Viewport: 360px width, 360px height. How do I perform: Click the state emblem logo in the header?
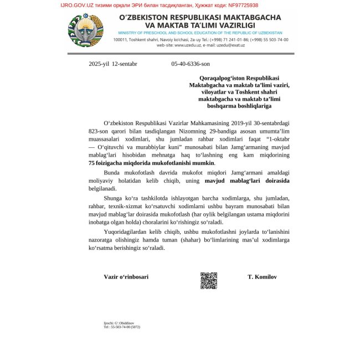point(86,30)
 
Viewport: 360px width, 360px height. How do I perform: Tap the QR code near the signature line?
point(208,280)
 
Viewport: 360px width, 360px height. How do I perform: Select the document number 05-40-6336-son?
point(191,64)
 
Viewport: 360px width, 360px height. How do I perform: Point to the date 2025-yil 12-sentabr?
point(113,64)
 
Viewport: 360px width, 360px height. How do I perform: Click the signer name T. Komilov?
point(262,276)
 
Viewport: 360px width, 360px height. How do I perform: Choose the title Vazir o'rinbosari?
point(126,276)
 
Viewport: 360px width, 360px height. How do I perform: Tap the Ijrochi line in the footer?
point(119,322)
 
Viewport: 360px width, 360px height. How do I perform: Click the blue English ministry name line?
point(200,33)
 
